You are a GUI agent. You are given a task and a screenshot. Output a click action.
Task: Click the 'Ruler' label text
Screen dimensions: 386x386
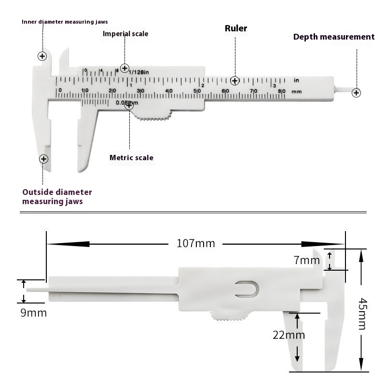pos(236,28)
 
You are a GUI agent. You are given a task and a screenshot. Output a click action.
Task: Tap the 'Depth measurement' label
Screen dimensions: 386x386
pos(334,37)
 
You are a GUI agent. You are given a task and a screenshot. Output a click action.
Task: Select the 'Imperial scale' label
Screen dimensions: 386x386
pos(125,34)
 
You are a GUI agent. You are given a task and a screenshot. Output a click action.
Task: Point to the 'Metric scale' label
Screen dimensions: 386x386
pos(131,158)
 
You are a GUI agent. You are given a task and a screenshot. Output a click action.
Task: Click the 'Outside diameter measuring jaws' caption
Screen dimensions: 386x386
pos(57,196)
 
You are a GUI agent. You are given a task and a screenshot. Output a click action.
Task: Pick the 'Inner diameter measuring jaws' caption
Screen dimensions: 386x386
pos(65,22)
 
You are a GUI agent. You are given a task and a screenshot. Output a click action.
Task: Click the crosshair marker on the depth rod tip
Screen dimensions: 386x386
pos(356,93)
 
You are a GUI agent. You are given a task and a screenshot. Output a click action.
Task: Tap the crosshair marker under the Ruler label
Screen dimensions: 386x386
pos(235,81)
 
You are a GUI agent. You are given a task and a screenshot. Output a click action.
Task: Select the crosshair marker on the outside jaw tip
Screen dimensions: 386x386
pos(44,159)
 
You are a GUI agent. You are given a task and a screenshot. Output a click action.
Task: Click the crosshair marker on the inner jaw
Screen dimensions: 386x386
pos(42,56)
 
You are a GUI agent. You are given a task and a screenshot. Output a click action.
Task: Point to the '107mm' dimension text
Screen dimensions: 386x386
pos(195,243)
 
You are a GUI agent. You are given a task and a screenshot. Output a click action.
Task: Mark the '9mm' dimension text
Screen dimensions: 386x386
pos(34,313)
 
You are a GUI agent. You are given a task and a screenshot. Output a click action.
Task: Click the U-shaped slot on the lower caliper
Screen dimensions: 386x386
pos(247,289)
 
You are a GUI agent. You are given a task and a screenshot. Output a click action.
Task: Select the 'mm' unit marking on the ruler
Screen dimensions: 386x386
pos(296,91)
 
